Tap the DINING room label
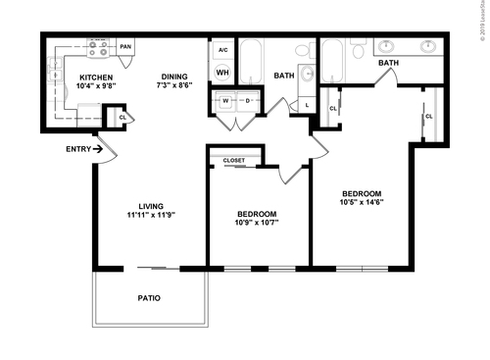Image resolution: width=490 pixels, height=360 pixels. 176,76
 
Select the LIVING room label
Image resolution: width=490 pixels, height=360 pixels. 151,205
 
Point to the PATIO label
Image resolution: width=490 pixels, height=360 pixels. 149,297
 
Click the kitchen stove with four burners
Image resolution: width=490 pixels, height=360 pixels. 99,46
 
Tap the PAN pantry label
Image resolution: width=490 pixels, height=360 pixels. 125,46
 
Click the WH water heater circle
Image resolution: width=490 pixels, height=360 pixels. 222,73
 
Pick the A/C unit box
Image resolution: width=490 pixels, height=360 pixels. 222,49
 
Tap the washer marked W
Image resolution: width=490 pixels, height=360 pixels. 225,100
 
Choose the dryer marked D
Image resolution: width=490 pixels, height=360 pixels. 247,100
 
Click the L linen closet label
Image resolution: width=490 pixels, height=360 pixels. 307,105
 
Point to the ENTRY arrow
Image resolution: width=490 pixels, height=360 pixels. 94,149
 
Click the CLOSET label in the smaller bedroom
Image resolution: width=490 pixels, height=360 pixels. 233,159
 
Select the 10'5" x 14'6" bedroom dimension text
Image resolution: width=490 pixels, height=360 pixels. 362,203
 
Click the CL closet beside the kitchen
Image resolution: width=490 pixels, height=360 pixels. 122,117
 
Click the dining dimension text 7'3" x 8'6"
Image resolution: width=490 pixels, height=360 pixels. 176,85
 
